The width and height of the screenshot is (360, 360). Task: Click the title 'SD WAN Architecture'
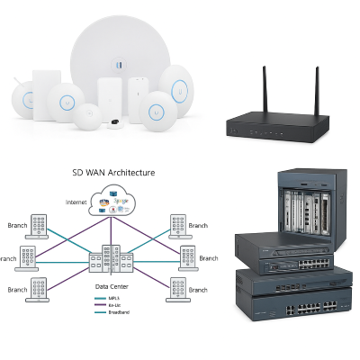[x=112, y=172]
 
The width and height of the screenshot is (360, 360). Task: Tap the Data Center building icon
[x=111, y=261]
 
